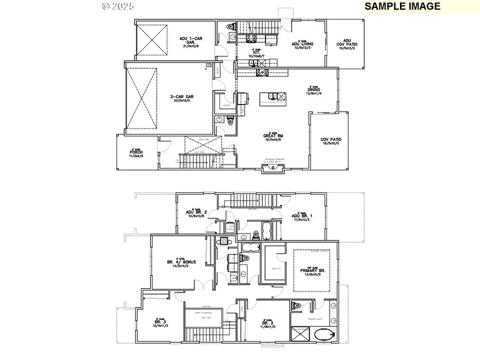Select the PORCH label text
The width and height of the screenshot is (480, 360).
click(x=136, y=153)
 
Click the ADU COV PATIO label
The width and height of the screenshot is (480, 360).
click(x=347, y=44)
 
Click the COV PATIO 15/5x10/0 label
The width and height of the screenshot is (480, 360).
click(x=331, y=141)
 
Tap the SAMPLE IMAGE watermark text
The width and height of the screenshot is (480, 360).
click(x=402, y=6)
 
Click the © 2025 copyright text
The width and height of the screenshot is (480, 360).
click(x=118, y=6)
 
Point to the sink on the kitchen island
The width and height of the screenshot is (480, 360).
click(x=274, y=97)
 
